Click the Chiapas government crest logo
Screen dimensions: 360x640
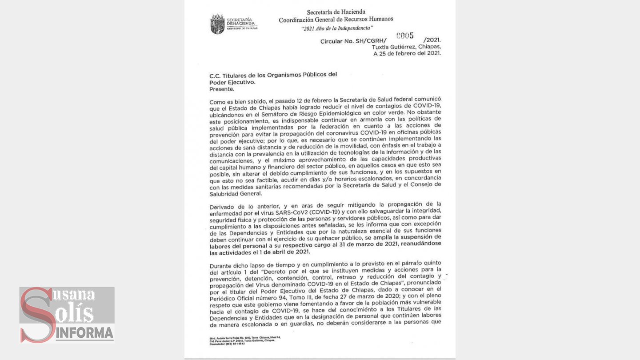(217, 24)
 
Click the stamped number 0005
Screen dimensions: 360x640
(405, 36)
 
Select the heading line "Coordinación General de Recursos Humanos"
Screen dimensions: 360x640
(336, 20)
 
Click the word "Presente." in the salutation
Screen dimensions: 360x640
(222, 89)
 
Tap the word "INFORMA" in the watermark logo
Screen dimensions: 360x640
(84, 332)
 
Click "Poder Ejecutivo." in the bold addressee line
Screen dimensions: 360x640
(232, 82)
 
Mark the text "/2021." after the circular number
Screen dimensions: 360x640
(432, 40)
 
